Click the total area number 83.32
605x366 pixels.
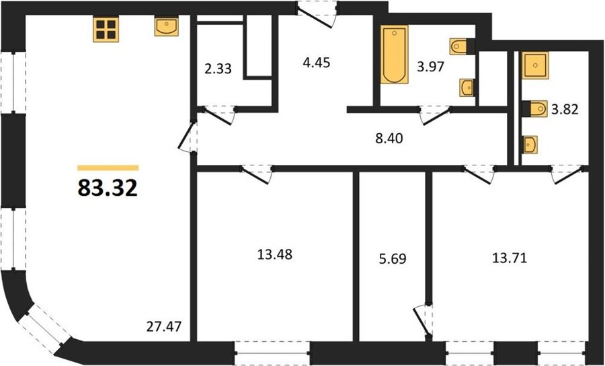click(x=108, y=188)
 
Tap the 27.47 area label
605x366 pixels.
click(x=164, y=327)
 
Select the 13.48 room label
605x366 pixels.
click(x=275, y=254)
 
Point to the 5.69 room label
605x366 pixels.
click(x=393, y=258)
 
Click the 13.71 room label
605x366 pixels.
click(x=510, y=258)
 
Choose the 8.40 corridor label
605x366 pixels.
click(x=389, y=138)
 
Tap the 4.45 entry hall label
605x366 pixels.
click(x=317, y=62)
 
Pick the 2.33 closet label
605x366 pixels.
click(x=218, y=69)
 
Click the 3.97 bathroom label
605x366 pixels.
click(x=431, y=67)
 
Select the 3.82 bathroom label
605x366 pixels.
click(x=565, y=110)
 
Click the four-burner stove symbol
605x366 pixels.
click(x=106, y=30)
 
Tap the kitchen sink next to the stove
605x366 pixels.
click(x=166, y=26)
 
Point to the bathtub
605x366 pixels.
click(x=395, y=54)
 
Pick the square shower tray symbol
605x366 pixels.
click(x=535, y=65)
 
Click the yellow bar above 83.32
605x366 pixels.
click(x=108, y=168)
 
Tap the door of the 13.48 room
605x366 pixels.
click(x=257, y=175)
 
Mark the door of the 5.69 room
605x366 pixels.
click(x=422, y=321)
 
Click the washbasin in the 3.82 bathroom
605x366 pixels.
click(x=530, y=145)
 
